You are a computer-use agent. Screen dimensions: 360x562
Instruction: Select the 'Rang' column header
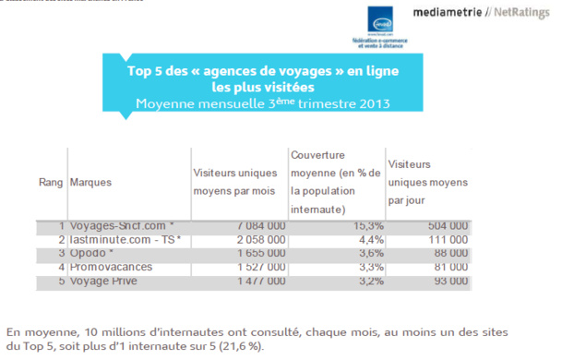pos(49,183)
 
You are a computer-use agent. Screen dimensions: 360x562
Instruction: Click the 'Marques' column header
pos(90,183)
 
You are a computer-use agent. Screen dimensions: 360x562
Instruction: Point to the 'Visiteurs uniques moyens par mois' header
pos(237,182)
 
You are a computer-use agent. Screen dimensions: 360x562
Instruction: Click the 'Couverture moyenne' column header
pos(333,182)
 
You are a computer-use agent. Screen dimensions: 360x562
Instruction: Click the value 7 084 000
pos(256,225)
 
